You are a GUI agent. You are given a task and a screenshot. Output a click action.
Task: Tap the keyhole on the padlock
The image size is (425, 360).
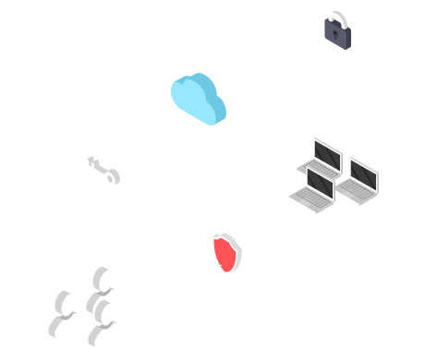(335, 34)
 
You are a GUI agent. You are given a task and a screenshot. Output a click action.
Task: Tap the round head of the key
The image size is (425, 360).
(112, 175)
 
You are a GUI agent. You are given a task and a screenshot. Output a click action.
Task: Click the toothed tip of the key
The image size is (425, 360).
(92, 162)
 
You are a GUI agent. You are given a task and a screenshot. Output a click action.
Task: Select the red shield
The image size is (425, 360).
(225, 253)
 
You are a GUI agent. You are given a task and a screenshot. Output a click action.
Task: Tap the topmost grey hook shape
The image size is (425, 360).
(102, 282)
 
